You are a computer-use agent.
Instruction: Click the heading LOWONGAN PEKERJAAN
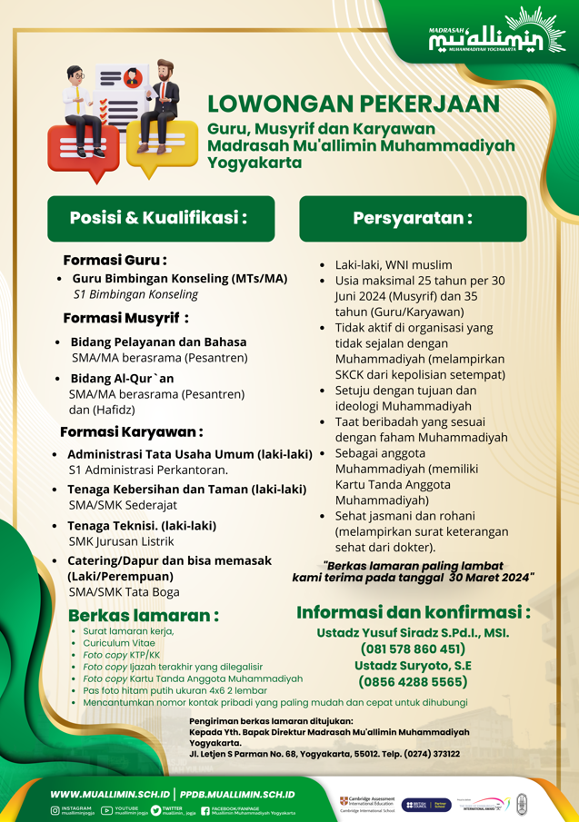(354, 104)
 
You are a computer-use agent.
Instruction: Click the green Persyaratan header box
(413, 218)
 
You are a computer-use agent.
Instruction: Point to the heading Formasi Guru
(115, 260)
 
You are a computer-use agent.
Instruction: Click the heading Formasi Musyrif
(125, 318)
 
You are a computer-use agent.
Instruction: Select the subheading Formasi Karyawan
(131, 431)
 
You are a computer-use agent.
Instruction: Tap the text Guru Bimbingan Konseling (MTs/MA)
(179, 279)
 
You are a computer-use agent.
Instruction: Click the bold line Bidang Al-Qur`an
(122, 378)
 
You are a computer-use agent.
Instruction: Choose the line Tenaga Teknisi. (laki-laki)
(142, 525)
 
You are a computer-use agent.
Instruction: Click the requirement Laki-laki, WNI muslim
(394, 264)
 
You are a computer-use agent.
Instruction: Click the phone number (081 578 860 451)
(413, 649)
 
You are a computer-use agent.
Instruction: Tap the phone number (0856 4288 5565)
(413, 681)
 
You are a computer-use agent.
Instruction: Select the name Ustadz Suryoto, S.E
(413, 665)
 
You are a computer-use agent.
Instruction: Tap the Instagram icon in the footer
(55, 810)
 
